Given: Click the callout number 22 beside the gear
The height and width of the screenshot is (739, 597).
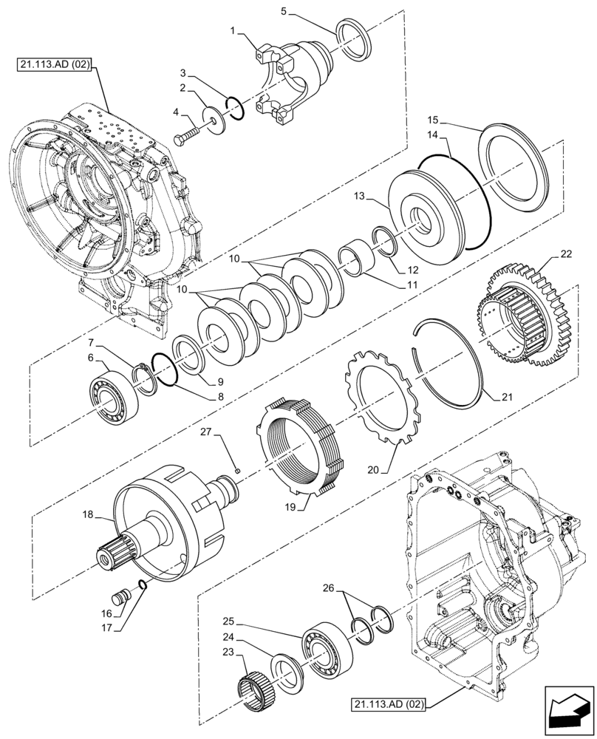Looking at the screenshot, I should pos(565,255).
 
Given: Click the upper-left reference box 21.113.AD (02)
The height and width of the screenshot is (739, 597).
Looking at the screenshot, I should pos(53,65).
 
